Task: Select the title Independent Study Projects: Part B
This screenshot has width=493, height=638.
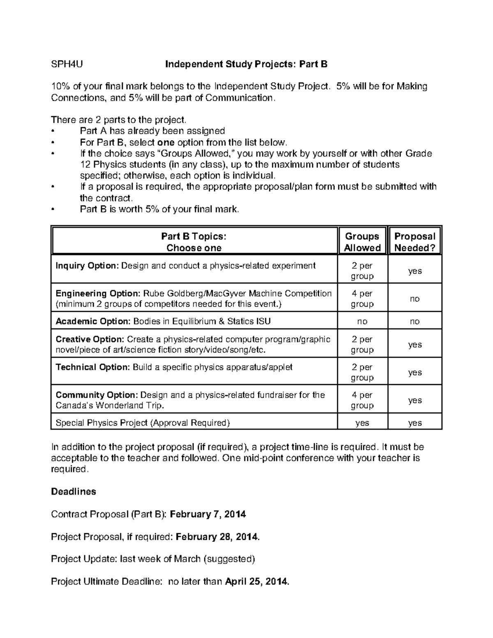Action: [x=246, y=64]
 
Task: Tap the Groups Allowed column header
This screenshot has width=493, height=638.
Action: [x=362, y=242]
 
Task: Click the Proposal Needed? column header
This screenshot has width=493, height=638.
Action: [x=415, y=242]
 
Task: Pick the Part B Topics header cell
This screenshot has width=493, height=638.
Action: [x=194, y=242]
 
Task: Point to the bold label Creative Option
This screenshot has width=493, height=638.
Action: [x=90, y=339]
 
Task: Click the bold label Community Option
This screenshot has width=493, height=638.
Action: [x=97, y=395]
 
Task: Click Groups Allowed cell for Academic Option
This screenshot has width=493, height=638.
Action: [x=362, y=321]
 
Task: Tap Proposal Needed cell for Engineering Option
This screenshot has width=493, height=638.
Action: [x=415, y=299]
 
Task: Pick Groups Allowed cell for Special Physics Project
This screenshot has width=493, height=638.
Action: [x=362, y=423]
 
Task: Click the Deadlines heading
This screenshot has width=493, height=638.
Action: [x=74, y=492]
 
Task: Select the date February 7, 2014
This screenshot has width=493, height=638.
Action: [x=208, y=514]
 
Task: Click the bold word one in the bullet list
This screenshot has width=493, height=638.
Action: [x=166, y=143]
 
